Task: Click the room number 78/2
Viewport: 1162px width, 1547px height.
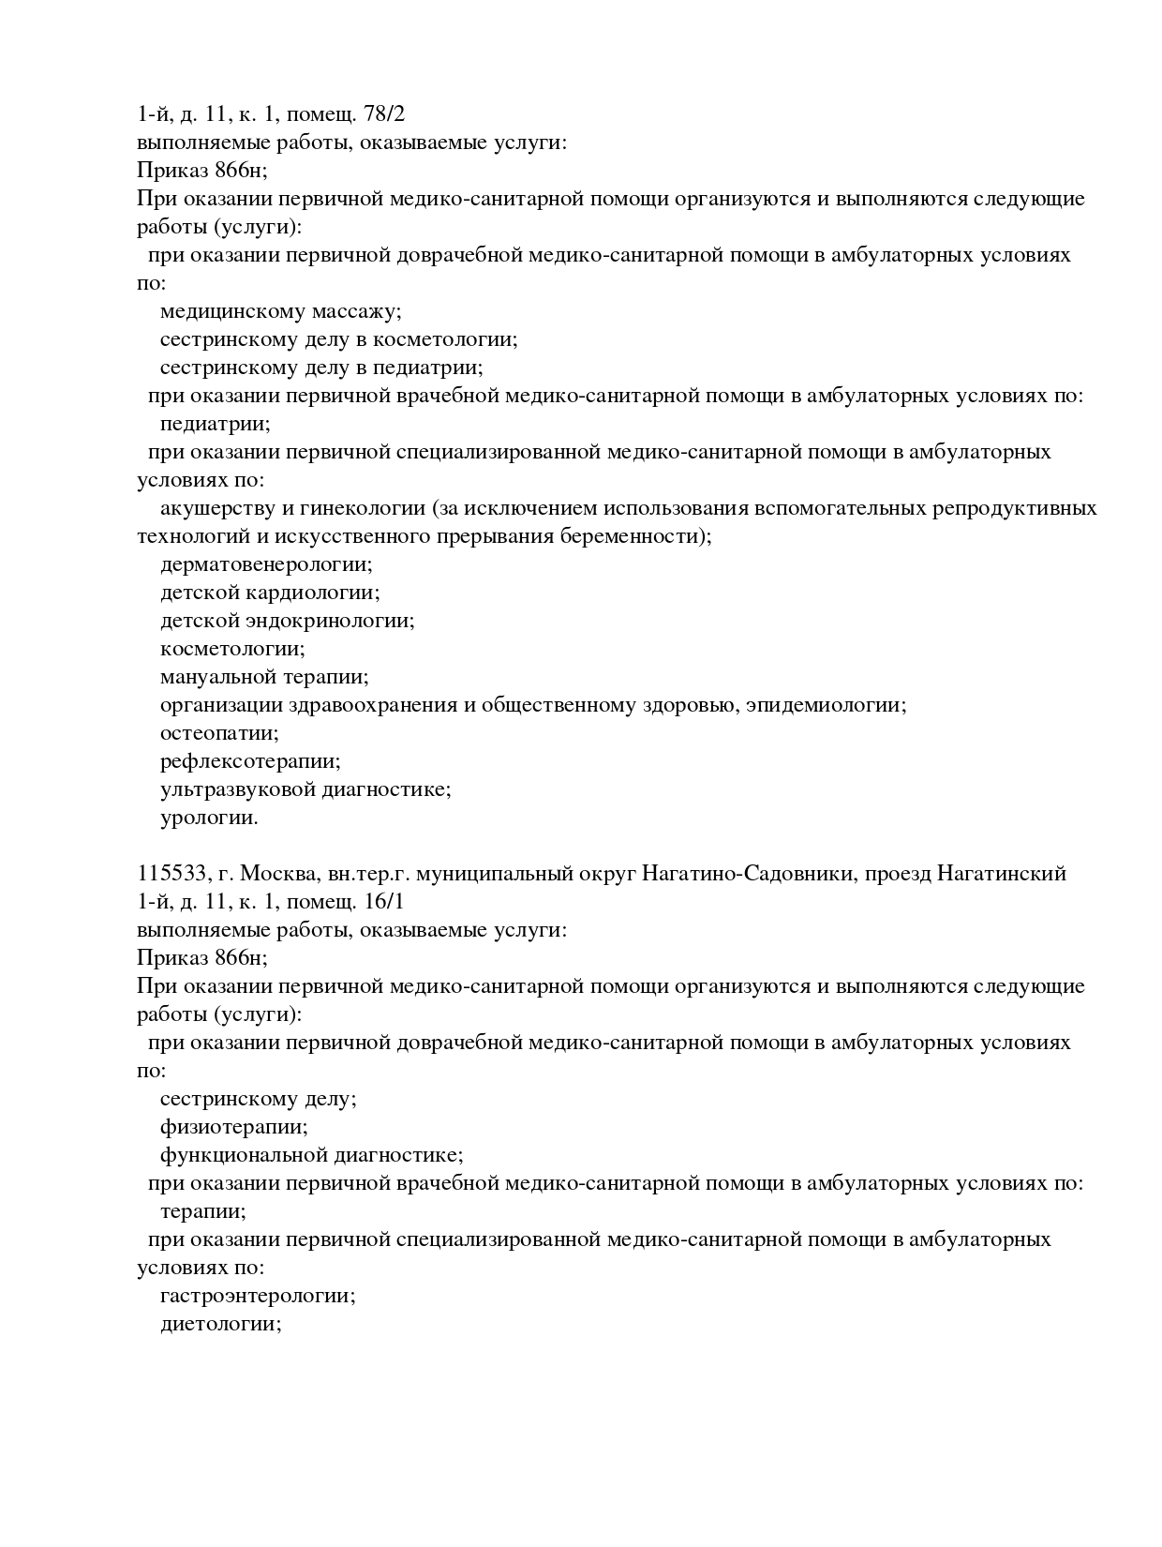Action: point(383,114)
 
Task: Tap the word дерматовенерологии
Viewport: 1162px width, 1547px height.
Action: point(266,564)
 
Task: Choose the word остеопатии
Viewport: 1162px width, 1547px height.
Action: point(219,733)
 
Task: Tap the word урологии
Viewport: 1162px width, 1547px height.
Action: point(209,818)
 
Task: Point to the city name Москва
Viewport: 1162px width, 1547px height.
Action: point(280,874)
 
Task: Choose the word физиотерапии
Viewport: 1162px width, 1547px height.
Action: point(233,1127)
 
